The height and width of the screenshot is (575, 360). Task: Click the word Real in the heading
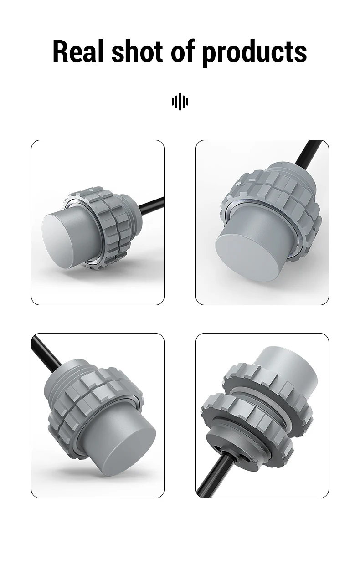click(78, 51)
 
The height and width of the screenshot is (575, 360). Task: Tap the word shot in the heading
click(137, 51)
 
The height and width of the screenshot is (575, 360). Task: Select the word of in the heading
click(183, 51)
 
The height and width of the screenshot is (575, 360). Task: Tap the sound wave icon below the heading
click(180, 102)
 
